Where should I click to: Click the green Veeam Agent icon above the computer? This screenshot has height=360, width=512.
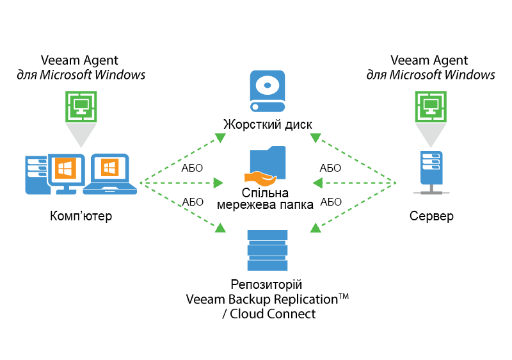coord(81,106)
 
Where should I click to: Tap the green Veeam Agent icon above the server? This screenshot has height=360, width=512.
coord(431,106)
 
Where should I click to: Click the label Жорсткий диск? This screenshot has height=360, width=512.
coord(268,124)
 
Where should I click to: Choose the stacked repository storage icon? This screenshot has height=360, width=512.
coord(267,250)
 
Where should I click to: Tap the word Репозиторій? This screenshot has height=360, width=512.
coord(267,284)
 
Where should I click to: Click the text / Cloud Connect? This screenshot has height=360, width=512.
coord(267,314)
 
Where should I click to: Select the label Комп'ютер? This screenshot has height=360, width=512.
coord(81,216)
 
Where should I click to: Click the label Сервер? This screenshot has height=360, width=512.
coord(431,216)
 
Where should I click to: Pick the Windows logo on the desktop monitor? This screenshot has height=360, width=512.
coord(65,169)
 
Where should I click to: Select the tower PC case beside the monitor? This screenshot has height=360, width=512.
coord(35,174)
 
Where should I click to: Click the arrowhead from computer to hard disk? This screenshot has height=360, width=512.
coord(220,138)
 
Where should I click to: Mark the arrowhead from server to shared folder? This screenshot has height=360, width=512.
coord(317,184)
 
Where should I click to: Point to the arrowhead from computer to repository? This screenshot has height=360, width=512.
coord(220,227)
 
